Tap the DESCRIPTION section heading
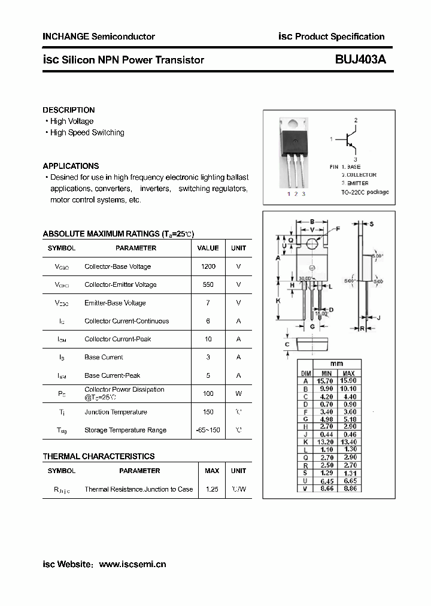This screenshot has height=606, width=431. [68, 110]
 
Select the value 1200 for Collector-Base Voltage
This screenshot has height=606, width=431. [208, 266]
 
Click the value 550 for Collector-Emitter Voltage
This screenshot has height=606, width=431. [208, 284]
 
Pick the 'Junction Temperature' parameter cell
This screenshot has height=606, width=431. [116, 412]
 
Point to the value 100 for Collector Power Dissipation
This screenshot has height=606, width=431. [208, 393]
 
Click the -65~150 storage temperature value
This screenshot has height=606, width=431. [208, 430]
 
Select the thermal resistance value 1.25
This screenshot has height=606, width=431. [211, 489]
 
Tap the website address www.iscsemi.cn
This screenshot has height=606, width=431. [132, 564]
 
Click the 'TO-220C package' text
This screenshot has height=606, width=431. [365, 192]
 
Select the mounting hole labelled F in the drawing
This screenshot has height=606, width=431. [312, 243]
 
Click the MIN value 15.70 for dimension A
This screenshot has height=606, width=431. [326, 381]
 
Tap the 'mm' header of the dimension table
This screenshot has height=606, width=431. [337, 363]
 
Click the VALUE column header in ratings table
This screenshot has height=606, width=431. [208, 248]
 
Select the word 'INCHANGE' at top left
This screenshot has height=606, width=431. [65, 37]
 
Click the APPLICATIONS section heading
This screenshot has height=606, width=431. [71, 166]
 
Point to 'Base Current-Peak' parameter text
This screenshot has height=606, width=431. [112, 375]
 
